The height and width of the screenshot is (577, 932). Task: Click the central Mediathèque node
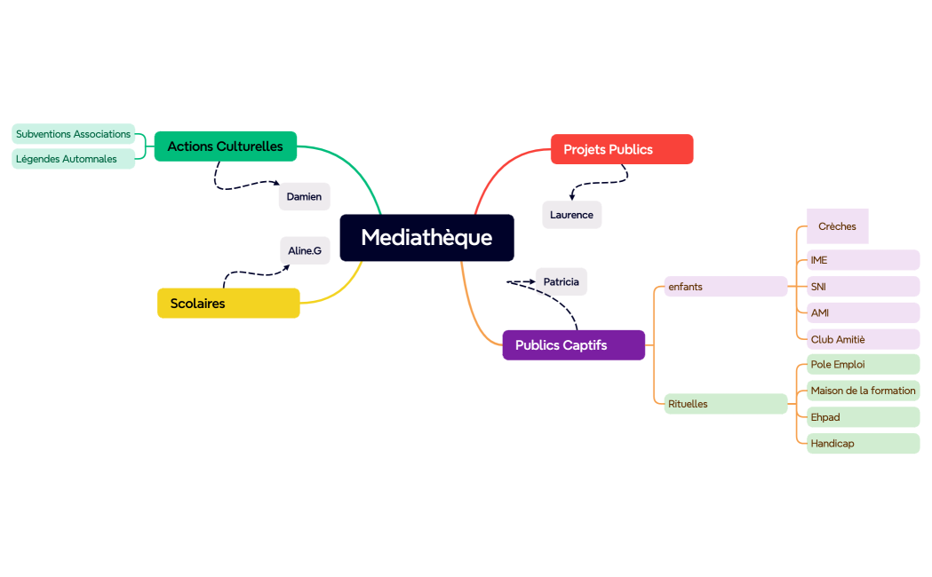[426, 238]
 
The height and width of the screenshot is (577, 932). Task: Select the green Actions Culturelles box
[225, 146]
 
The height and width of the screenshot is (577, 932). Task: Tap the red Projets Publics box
[621, 149]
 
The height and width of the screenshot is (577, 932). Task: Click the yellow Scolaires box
[228, 304]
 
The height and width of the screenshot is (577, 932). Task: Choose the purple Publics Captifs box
[573, 345]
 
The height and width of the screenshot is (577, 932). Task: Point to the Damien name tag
[304, 196]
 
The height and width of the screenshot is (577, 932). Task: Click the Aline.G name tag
[305, 251]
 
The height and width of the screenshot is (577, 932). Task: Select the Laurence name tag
[571, 215]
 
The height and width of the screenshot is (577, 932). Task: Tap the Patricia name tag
[561, 282]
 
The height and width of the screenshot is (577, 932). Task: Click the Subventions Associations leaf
[74, 134]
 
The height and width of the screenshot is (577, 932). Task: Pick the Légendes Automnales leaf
[74, 159]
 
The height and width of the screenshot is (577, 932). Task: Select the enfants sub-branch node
[725, 287]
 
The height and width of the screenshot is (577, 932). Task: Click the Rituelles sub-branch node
[725, 404]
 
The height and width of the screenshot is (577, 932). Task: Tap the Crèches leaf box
[837, 226]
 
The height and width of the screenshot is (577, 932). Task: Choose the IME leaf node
[862, 260]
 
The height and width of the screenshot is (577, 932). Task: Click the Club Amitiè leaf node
[862, 339]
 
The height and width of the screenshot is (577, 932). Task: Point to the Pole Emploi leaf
[862, 365]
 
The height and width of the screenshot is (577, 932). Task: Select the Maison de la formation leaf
[862, 391]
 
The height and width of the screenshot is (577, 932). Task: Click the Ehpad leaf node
[862, 417]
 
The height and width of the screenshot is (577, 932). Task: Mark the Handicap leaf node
[862, 443]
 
